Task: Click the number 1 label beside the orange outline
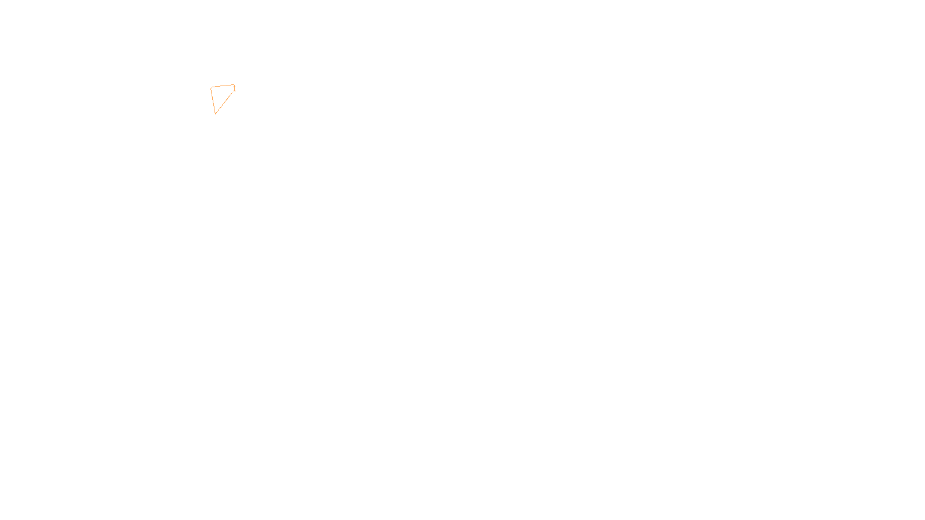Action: point(234,89)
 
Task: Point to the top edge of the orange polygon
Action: point(223,86)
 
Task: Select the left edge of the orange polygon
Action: point(213,100)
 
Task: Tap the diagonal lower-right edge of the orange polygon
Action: point(224,102)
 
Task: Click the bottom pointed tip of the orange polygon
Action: point(216,113)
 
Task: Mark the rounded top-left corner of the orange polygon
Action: point(212,88)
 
